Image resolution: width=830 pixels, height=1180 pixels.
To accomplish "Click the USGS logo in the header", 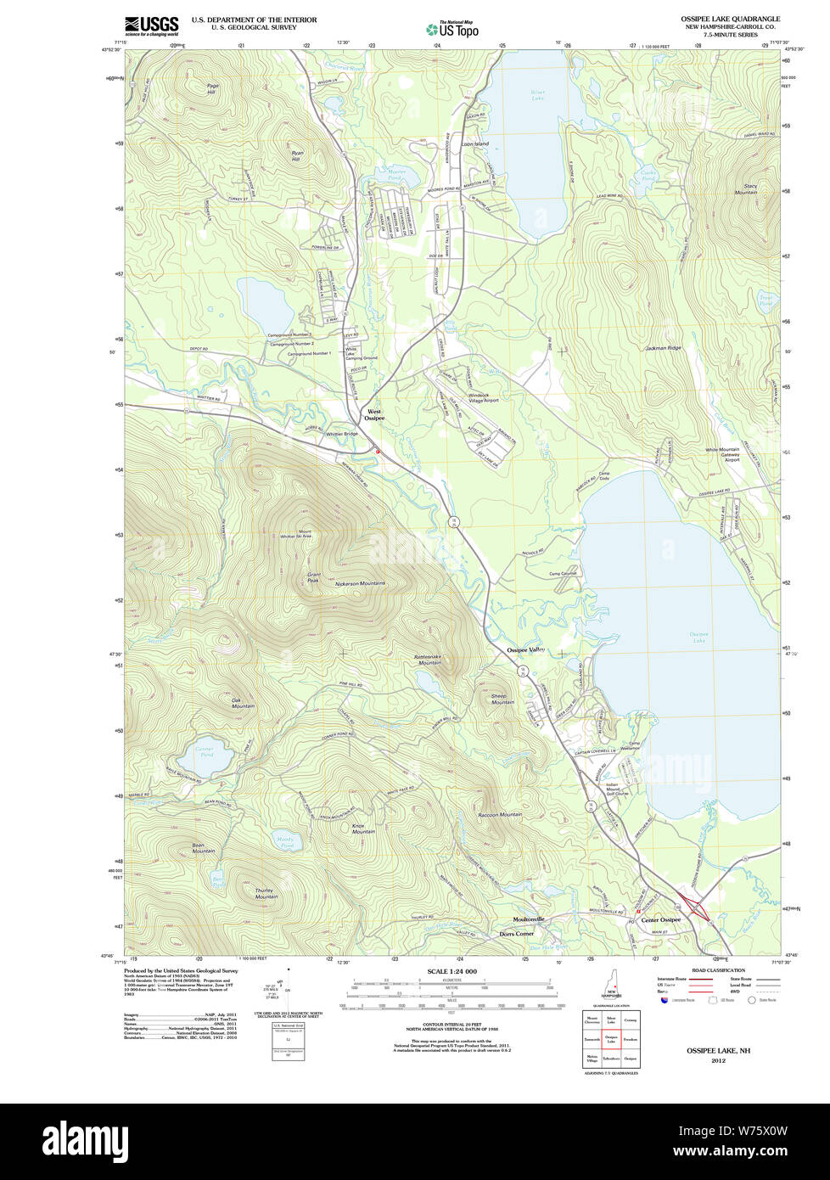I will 151,25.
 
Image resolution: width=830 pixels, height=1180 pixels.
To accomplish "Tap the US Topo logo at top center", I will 452,30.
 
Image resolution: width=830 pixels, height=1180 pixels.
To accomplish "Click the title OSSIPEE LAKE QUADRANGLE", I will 730,19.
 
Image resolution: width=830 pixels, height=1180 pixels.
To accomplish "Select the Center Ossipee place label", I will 660,920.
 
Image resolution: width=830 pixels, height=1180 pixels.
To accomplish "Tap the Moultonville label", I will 529,919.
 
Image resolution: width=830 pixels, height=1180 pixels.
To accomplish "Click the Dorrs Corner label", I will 516,934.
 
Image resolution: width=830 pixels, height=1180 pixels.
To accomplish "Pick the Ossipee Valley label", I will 526,650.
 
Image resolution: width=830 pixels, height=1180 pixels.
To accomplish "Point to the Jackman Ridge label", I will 663,348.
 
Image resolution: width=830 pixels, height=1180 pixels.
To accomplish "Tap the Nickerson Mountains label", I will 360,583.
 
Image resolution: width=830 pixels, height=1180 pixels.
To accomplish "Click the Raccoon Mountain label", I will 500,814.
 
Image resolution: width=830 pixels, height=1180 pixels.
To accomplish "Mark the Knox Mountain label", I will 363,828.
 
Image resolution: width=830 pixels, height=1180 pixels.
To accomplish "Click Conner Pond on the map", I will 205,756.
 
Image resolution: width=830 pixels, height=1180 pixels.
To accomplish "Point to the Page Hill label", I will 211,88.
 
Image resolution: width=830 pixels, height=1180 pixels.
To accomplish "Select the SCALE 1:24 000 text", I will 451,971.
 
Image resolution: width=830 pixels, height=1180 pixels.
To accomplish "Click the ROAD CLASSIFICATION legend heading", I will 718,970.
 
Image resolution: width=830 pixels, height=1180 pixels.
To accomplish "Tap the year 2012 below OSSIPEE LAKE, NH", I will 718,1060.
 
